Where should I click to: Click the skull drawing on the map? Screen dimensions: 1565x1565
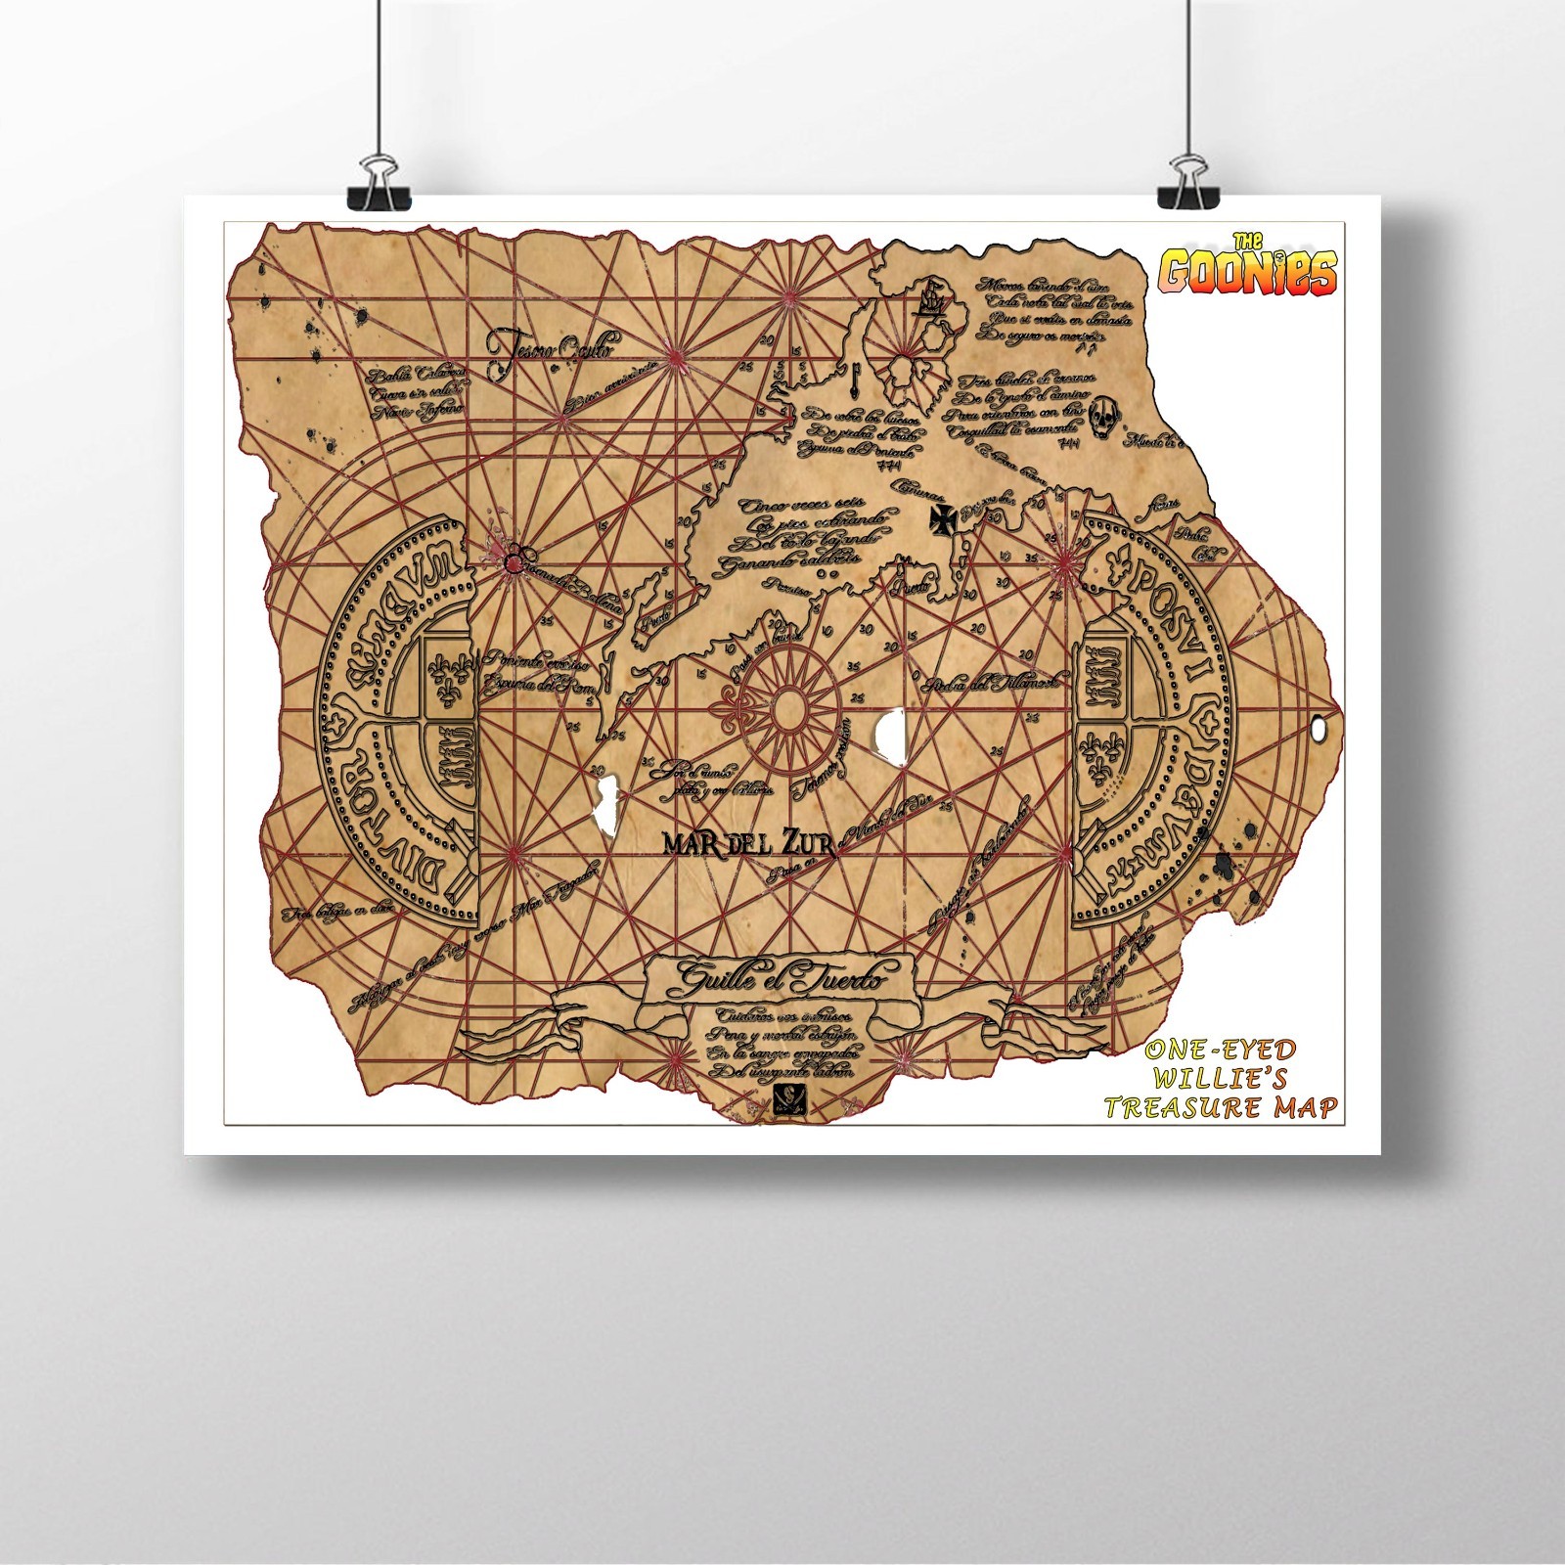coord(1102,416)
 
